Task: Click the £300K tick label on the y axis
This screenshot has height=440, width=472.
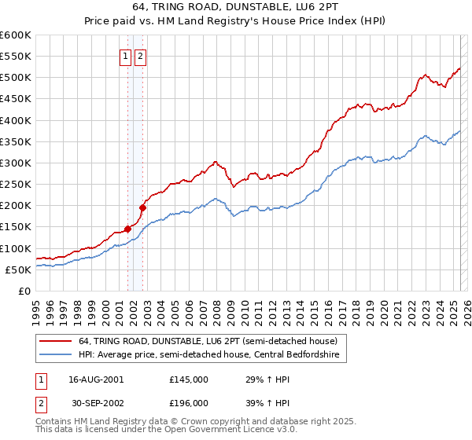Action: (15, 163)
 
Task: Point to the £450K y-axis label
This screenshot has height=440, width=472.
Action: (15, 99)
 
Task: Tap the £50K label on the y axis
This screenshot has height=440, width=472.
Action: (17, 269)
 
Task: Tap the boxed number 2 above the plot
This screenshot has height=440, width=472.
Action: (140, 56)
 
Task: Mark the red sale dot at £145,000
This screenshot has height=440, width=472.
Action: (127, 229)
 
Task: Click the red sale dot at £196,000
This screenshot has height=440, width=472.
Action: (143, 207)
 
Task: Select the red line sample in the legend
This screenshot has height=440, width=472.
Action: (57, 341)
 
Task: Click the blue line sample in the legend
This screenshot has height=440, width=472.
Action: (57, 355)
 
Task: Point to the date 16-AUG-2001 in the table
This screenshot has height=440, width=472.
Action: (97, 379)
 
